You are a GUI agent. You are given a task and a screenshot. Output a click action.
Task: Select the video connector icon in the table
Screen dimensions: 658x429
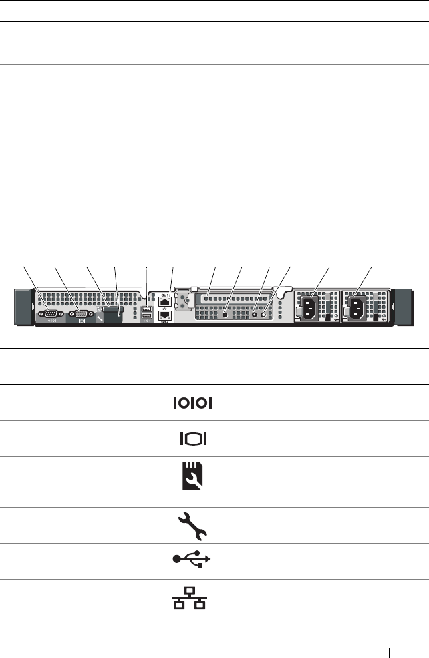click(194, 439)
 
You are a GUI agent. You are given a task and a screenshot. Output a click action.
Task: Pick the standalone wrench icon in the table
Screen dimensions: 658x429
click(194, 526)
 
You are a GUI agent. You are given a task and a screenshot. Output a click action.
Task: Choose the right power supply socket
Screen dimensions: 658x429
click(357, 307)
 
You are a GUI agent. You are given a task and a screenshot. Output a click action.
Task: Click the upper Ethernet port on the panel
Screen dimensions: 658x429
click(164, 301)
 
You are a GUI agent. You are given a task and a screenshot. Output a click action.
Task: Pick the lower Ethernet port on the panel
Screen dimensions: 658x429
click(164, 315)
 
